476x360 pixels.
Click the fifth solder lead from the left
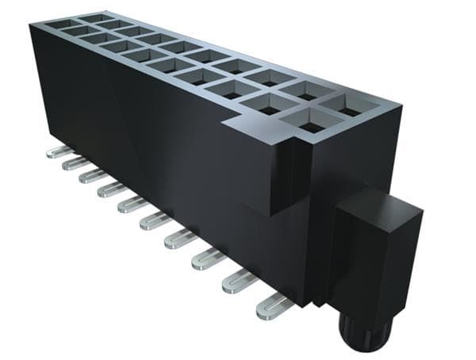pyautogui.click(x=131, y=205)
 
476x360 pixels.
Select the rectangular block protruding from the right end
pyautogui.click(x=373, y=254)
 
